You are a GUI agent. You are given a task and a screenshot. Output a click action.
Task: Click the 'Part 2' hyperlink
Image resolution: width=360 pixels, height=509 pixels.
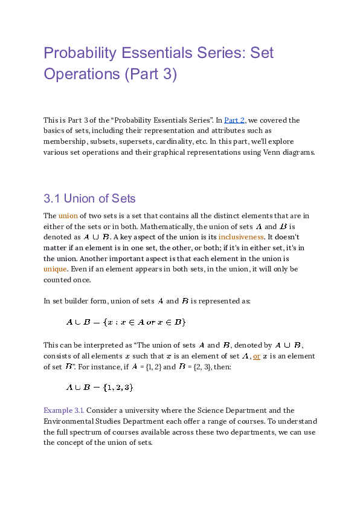(x=234, y=120)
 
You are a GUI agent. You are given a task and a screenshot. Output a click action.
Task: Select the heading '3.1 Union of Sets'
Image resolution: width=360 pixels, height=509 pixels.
(x=89, y=198)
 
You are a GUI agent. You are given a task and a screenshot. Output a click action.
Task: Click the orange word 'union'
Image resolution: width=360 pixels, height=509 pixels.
(x=67, y=216)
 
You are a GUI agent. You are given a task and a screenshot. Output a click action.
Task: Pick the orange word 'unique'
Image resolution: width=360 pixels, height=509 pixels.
(x=54, y=269)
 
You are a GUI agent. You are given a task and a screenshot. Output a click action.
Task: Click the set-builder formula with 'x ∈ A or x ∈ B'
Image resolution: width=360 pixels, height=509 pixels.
(x=126, y=322)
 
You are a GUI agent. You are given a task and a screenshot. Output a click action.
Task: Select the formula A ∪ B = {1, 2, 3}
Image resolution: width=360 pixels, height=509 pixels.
(x=100, y=387)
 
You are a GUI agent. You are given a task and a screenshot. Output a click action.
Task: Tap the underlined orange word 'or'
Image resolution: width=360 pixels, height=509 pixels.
(x=257, y=355)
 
